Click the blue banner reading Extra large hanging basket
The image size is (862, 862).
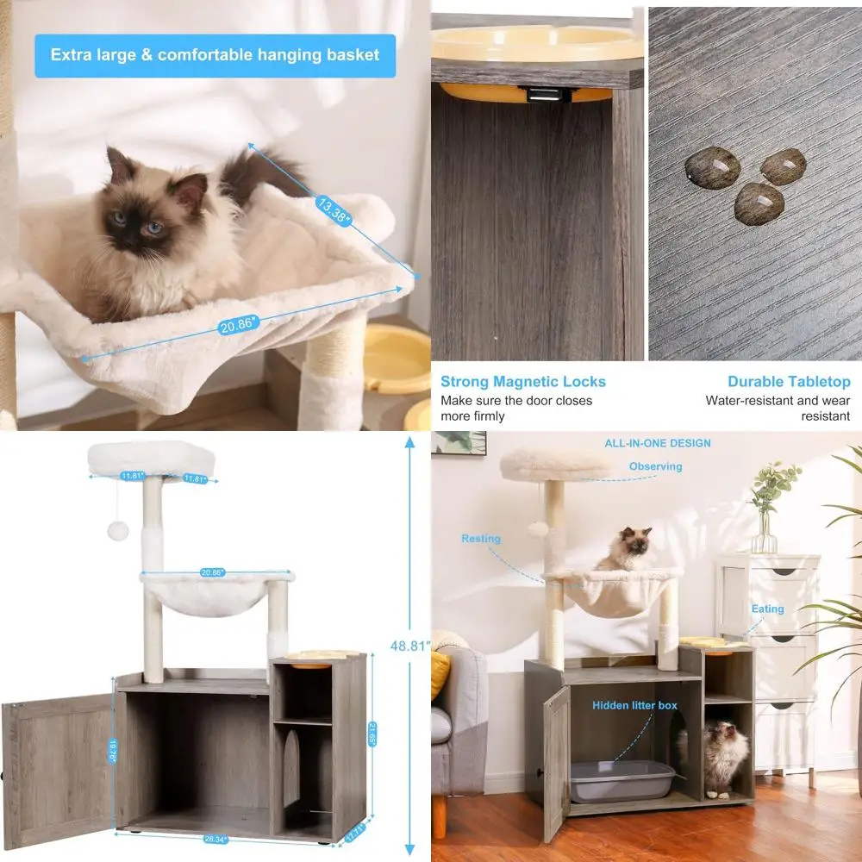(215, 55)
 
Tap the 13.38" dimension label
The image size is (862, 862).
(334, 211)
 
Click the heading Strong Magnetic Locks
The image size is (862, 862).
(523, 381)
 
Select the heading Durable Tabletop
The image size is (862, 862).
(788, 381)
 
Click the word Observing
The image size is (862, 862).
(655, 466)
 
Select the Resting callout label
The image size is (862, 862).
(480, 539)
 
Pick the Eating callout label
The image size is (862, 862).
(766, 609)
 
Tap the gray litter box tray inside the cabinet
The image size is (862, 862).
(621, 780)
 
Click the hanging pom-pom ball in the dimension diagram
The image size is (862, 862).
(118, 529)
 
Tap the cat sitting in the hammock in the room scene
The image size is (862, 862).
(627, 549)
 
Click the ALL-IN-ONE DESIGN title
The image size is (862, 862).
(658, 443)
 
